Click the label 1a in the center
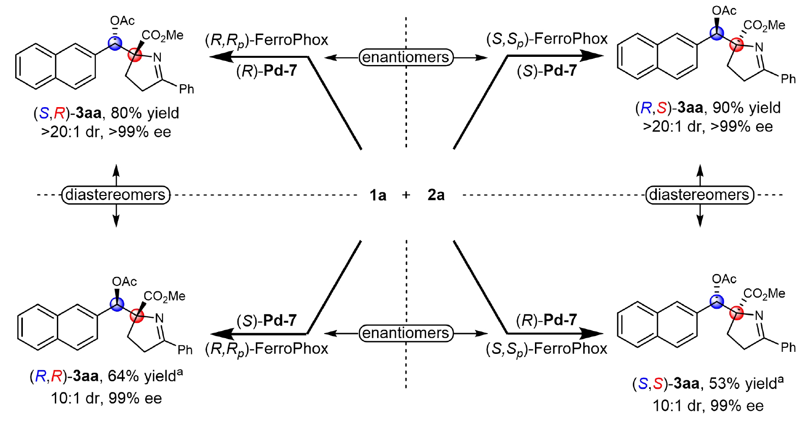pos(378,195)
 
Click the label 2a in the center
pos(436,195)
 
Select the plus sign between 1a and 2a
pos(406,195)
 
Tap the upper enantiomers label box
pos(406,57)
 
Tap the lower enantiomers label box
pos(406,333)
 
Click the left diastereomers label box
pos(116,195)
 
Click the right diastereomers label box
pos(699,195)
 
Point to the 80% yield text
pos(145,113)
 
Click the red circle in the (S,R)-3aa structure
pos(134,54)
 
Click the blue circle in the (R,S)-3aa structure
pos(717,34)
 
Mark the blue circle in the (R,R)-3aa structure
pos(117,304)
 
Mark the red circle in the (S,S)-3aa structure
pos(736,313)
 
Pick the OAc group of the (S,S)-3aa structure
pos(724,279)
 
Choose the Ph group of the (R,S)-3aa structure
pos(788,79)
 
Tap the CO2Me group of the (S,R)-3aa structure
pos(162,36)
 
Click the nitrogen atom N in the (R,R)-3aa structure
pos(159,318)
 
